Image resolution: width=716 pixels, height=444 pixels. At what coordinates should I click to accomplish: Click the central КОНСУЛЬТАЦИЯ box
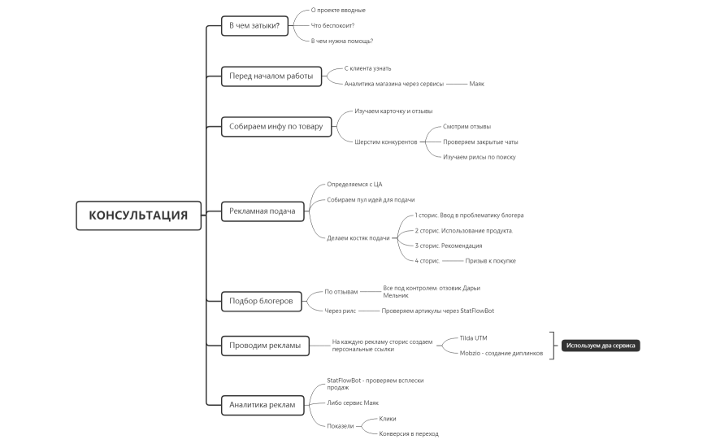coord(138,215)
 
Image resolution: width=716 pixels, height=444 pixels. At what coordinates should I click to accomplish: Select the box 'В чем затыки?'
coord(254,25)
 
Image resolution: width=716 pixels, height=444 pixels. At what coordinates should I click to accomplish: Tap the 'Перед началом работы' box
coord(271,76)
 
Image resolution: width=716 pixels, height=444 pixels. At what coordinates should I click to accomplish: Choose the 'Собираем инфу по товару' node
coord(276,126)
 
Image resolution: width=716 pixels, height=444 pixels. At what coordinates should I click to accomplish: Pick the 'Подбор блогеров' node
coord(261,300)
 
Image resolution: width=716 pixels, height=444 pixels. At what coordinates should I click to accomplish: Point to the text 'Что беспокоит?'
coord(333,25)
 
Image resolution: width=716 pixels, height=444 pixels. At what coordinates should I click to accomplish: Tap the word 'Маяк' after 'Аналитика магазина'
coord(477,84)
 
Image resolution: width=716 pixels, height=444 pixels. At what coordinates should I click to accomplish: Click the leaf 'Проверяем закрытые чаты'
coord(480,141)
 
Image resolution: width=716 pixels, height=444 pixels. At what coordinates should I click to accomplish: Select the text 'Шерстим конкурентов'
coord(386,141)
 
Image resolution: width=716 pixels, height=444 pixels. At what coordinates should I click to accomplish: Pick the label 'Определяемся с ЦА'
coord(354,185)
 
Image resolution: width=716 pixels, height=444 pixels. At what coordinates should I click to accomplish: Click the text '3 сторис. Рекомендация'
coord(449,246)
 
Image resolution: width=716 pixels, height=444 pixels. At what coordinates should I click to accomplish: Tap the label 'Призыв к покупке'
coord(490,261)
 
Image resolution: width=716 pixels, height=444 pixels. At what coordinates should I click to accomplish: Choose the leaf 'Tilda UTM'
coord(474,337)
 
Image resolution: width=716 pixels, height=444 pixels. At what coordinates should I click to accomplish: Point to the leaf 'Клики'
coord(388,418)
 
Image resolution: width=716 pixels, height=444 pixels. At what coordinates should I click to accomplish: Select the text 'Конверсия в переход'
coord(409,433)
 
